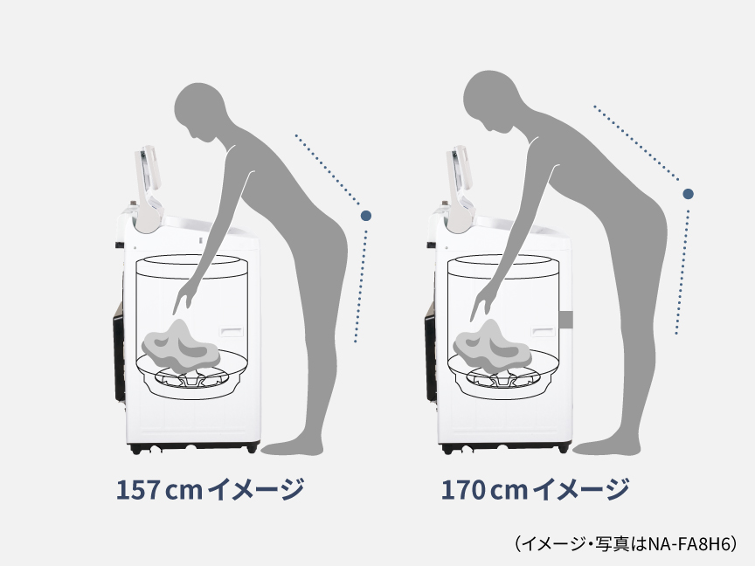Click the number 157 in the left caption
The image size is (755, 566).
tap(138, 490)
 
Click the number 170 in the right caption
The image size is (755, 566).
tap(464, 490)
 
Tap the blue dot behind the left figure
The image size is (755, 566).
tap(365, 214)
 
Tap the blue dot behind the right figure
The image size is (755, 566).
tap(689, 193)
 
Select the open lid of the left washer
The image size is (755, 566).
tap(146, 177)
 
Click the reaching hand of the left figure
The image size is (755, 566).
tap(181, 300)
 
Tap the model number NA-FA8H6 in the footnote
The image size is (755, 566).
tap(690, 544)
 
